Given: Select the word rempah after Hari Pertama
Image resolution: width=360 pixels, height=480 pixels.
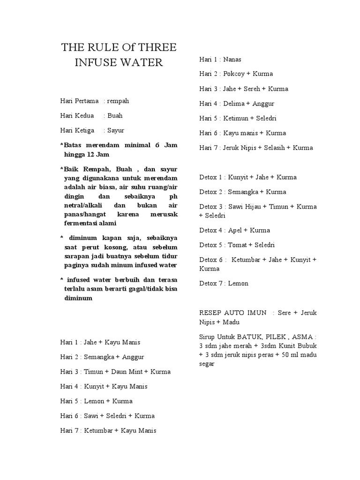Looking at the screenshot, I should point(119,101).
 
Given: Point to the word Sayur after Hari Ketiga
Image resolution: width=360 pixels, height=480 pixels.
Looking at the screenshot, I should point(116,130).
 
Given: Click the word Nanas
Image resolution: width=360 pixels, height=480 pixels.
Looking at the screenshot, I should point(232,59).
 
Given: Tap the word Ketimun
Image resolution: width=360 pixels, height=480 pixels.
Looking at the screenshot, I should point(237,118).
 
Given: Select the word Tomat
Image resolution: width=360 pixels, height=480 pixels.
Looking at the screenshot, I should point(237,245).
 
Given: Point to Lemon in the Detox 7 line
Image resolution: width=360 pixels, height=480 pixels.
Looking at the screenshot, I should point(239,283).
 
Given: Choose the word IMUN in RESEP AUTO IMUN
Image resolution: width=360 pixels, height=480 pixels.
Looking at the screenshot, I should point(257,313).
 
